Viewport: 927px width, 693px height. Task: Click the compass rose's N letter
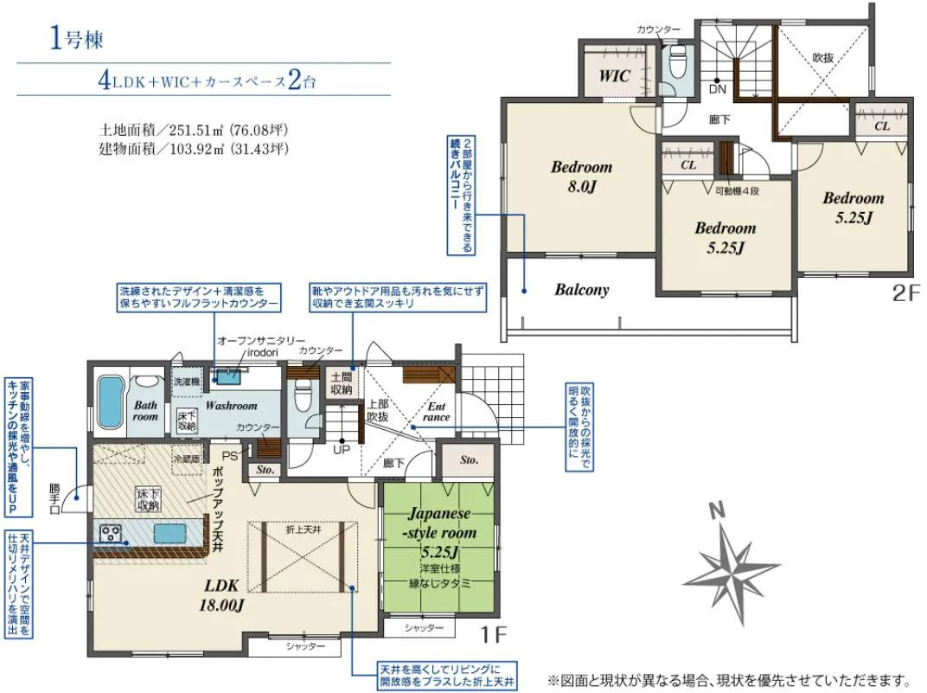point(716,511)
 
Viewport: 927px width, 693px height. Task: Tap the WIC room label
point(614,75)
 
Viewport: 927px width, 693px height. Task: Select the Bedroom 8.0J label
point(581,176)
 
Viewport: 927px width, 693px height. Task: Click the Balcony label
point(581,290)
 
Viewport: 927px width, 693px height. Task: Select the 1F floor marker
point(493,636)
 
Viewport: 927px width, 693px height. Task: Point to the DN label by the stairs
point(717,88)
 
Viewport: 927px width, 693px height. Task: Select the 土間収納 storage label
point(340,383)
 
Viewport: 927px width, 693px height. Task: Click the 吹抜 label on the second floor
point(822,56)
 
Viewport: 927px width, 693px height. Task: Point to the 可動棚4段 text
point(736,189)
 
